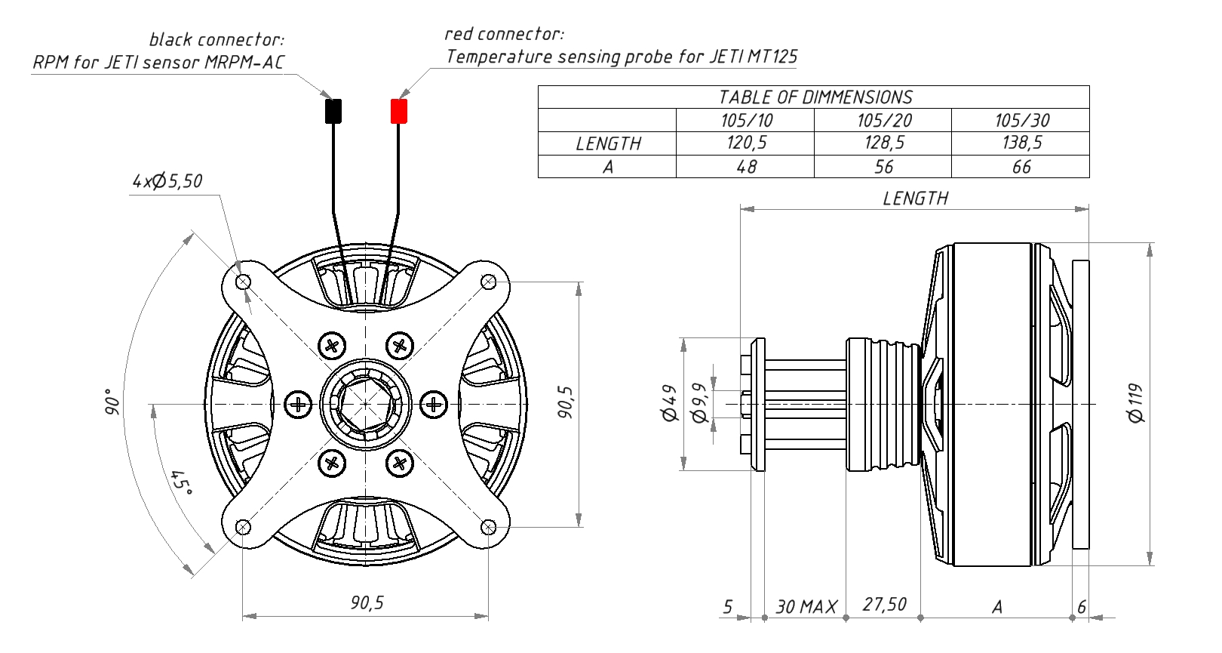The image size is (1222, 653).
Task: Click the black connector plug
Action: click(333, 111)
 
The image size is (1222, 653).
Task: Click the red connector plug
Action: click(398, 111)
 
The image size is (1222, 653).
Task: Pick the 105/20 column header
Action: click(883, 120)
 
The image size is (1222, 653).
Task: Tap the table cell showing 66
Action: click(1021, 167)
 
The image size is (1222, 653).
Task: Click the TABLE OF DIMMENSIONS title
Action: click(814, 97)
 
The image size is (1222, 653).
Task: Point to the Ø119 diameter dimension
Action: click(1136, 403)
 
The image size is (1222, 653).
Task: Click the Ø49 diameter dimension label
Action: click(669, 403)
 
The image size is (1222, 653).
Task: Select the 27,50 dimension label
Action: click(884, 605)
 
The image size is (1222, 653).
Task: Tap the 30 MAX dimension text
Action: click(806, 607)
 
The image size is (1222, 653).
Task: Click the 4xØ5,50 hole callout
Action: click(167, 181)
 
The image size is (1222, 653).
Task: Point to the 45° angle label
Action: click(180, 482)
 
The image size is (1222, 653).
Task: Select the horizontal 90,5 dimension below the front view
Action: click(367, 602)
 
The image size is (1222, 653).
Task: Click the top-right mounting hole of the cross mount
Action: click(488, 282)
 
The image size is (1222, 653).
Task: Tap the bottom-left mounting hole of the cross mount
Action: click(243, 527)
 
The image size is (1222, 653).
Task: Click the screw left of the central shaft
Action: click(299, 405)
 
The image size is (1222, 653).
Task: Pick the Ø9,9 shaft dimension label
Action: click(699, 403)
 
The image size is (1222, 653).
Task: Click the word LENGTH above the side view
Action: click(915, 199)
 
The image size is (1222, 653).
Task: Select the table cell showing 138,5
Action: click(1021, 143)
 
